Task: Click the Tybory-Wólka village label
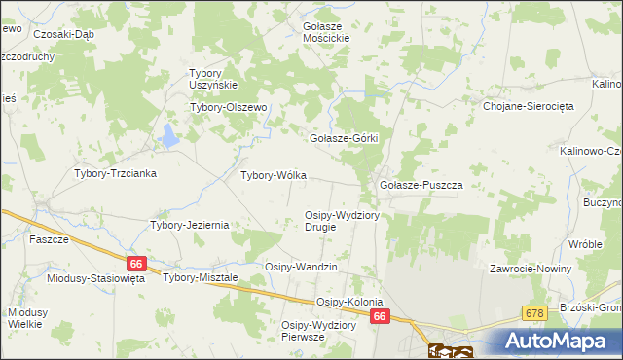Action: tap(274, 176)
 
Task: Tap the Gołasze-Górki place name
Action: tap(343, 139)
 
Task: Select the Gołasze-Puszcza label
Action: tap(420, 185)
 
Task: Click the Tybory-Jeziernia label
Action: tap(189, 225)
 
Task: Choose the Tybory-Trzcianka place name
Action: tap(116, 173)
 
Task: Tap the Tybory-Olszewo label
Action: tap(228, 108)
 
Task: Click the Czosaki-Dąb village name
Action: tap(63, 33)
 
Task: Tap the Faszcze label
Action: tap(48, 239)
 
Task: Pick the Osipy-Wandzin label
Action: tap(301, 267)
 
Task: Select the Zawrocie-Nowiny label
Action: tap(531, 268)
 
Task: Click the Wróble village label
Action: tap(586, 244)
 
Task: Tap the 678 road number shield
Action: tap(533, 312)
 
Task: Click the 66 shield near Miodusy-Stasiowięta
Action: tap(136, 263)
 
